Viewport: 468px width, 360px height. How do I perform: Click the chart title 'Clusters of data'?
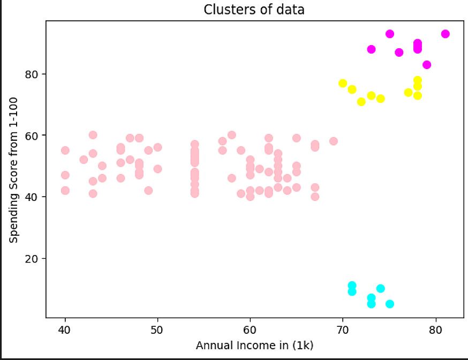pyautogui.click(x=254, y=10)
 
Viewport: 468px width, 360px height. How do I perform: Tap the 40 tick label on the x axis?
pyautogui.click(x=65, y=329)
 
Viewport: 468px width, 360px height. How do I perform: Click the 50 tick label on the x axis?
pyautogui.click(x=157, y=329)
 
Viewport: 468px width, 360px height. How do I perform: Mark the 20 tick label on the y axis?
pyautogui.click(x=33, y=259)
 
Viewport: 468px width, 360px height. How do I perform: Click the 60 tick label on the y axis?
pyautogui.click(x=33, y=136)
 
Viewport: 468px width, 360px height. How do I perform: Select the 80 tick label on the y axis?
pyautogui.click(x=33, y=74)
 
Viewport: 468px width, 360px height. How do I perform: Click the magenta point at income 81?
pyautogui.click(x=445, y=34)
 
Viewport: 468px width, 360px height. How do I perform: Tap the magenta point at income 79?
pyautogui.click(x=427, y=65)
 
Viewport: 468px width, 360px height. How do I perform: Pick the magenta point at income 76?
pyautogui.click(x=399, y=52)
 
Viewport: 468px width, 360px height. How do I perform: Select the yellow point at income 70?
pyautogui.click(x=343, y=83)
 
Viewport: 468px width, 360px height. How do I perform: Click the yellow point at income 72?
pyautogui.click(x=361, y=102)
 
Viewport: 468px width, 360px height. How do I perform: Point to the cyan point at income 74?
pyautogui.click(x=380, y=289)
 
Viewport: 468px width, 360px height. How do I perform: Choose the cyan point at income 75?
pyautogui.click(x=390, y=304)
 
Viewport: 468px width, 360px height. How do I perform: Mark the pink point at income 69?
pyautogui.click(x=334, y=141)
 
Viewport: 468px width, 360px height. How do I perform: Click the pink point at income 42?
pyautogui.click(x=84, y=160)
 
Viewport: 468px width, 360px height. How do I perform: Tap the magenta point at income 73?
pyautogui.click(x=371, y=49)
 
